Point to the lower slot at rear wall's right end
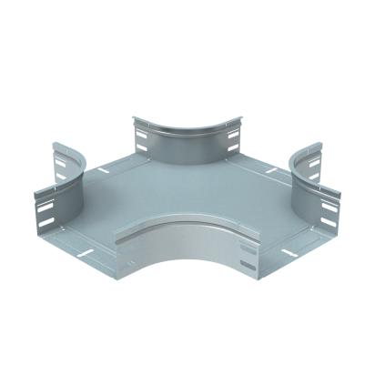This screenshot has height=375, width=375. tap(233, 147)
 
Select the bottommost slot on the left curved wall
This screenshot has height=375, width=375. tap(46, 221)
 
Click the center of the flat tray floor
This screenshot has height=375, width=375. tap(187, 196)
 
